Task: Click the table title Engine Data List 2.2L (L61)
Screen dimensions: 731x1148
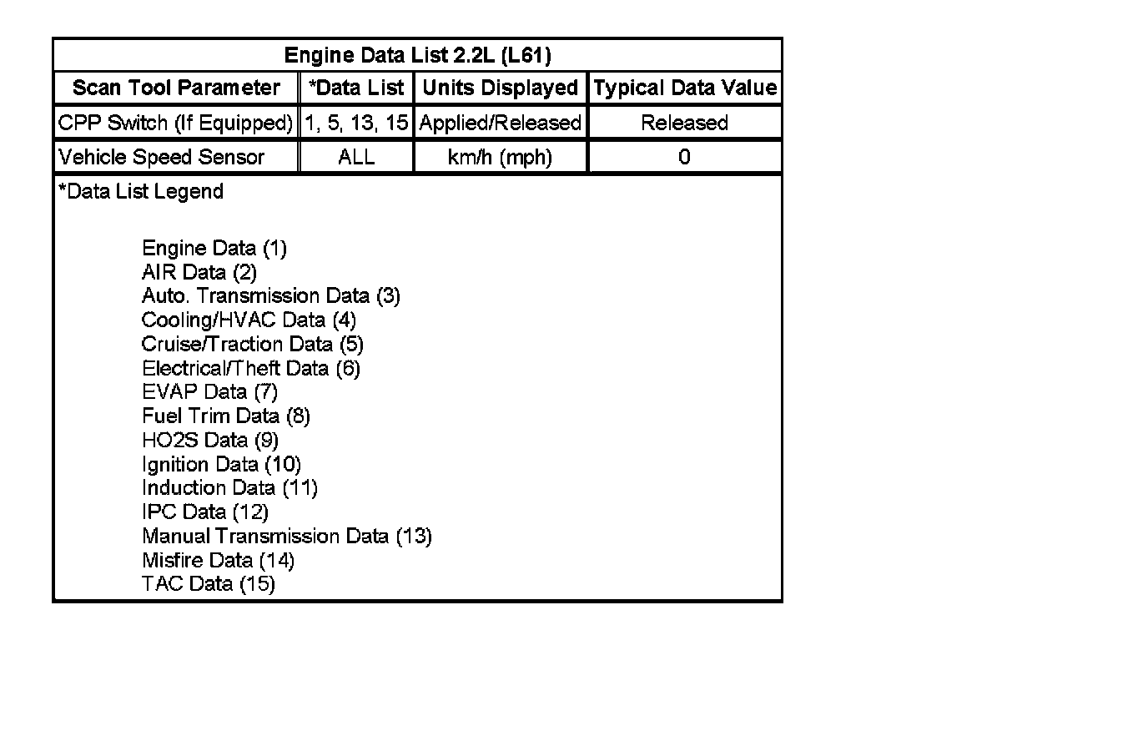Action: (417, 56)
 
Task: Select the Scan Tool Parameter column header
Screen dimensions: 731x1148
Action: (176, 88)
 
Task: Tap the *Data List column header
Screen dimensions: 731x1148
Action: (356, 88)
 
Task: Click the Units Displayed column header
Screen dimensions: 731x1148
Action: (501, 88)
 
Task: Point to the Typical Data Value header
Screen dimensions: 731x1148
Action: (685, 88)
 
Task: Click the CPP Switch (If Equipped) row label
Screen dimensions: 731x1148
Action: (175, 123)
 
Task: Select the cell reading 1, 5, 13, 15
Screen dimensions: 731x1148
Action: (356, 123)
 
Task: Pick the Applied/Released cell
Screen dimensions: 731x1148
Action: (501, 123)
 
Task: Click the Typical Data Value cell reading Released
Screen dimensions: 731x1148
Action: (684, 123)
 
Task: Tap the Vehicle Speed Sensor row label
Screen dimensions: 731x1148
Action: (162, 157)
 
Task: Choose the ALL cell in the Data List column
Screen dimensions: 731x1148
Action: (356, 157)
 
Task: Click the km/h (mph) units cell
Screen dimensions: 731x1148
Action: (501, 157)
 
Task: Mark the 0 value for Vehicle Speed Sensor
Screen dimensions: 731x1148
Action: (684, 157)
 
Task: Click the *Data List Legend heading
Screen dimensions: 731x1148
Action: (141, 191)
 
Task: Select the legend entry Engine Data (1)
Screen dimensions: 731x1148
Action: (214, 248)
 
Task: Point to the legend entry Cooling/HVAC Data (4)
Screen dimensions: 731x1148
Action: (249, 320)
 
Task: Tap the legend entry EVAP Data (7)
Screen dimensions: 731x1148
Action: (209, 391)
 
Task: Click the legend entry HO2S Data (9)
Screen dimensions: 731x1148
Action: (210, 440)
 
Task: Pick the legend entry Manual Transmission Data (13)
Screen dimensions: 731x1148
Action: (287, 536)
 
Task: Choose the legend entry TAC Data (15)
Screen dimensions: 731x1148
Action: (209, 583)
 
